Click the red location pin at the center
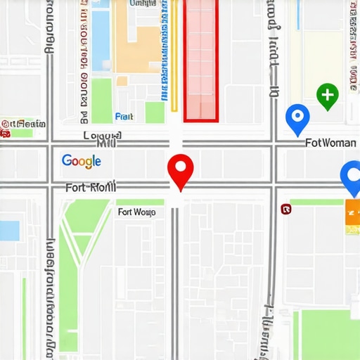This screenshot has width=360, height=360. [181, 169]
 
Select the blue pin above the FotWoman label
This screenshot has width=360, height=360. [297, 117]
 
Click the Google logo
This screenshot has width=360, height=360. [82, 161]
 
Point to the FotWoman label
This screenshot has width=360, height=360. [331, 143]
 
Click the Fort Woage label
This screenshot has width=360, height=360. [136, 212]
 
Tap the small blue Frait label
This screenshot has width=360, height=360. [124, 117]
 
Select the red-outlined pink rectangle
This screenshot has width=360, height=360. [201, 60]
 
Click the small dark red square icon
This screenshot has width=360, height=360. [285, 209]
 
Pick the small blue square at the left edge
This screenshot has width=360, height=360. [9, 231]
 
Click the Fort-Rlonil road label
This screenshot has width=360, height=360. [91, 188]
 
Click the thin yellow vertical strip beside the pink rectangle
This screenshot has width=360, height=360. [174, 56]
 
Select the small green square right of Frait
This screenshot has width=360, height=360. [155, 112]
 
